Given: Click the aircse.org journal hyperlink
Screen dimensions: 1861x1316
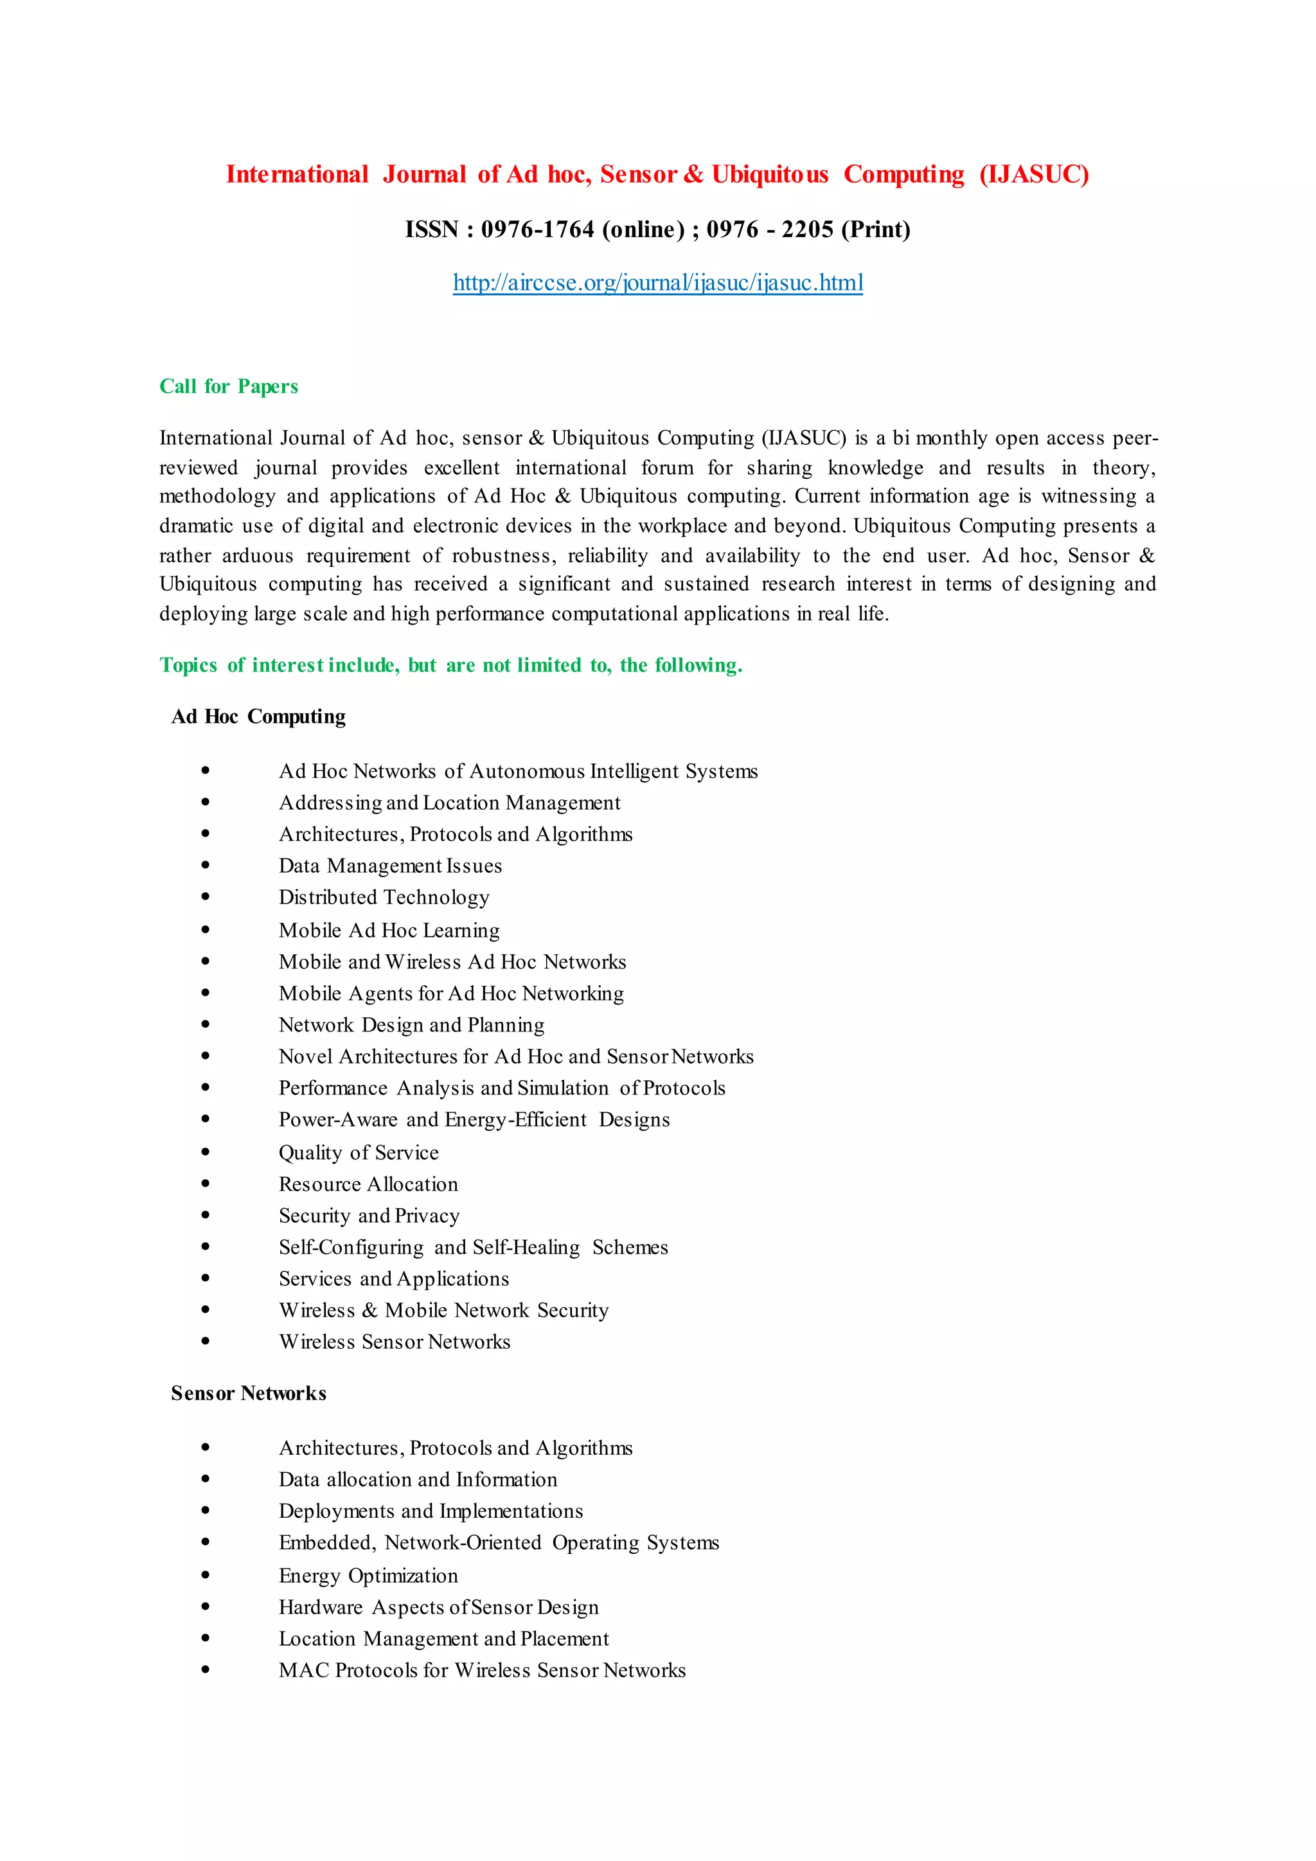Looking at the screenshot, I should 657,282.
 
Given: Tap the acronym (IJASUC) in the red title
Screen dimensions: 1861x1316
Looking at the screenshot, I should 1033,174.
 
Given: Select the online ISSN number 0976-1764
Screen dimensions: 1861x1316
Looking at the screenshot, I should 537,229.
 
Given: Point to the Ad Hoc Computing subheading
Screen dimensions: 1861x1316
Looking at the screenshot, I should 258,717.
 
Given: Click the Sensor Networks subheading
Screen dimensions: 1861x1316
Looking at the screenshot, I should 248,1393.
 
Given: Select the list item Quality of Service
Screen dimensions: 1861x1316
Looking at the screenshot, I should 358,1153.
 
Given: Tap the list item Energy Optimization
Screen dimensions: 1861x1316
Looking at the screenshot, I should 368,1576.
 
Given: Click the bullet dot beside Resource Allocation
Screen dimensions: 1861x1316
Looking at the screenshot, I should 206,1184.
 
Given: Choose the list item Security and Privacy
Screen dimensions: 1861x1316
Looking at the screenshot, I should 369,1216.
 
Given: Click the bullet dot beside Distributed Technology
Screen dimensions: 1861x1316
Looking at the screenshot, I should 206,896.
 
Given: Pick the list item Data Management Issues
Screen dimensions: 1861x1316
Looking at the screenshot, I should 390,866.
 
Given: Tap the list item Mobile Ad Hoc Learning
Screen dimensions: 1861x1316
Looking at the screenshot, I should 389,930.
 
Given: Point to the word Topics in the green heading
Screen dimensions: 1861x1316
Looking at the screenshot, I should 188,666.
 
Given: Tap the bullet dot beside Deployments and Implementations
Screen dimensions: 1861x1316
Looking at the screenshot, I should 206,1510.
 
